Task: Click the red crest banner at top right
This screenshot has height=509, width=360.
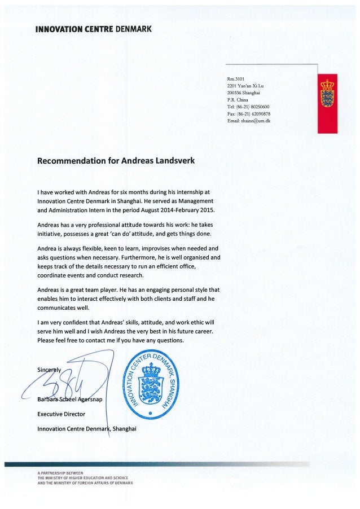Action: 327,103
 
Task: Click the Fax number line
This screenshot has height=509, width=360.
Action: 249,113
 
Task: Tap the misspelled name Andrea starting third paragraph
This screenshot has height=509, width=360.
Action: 49,248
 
